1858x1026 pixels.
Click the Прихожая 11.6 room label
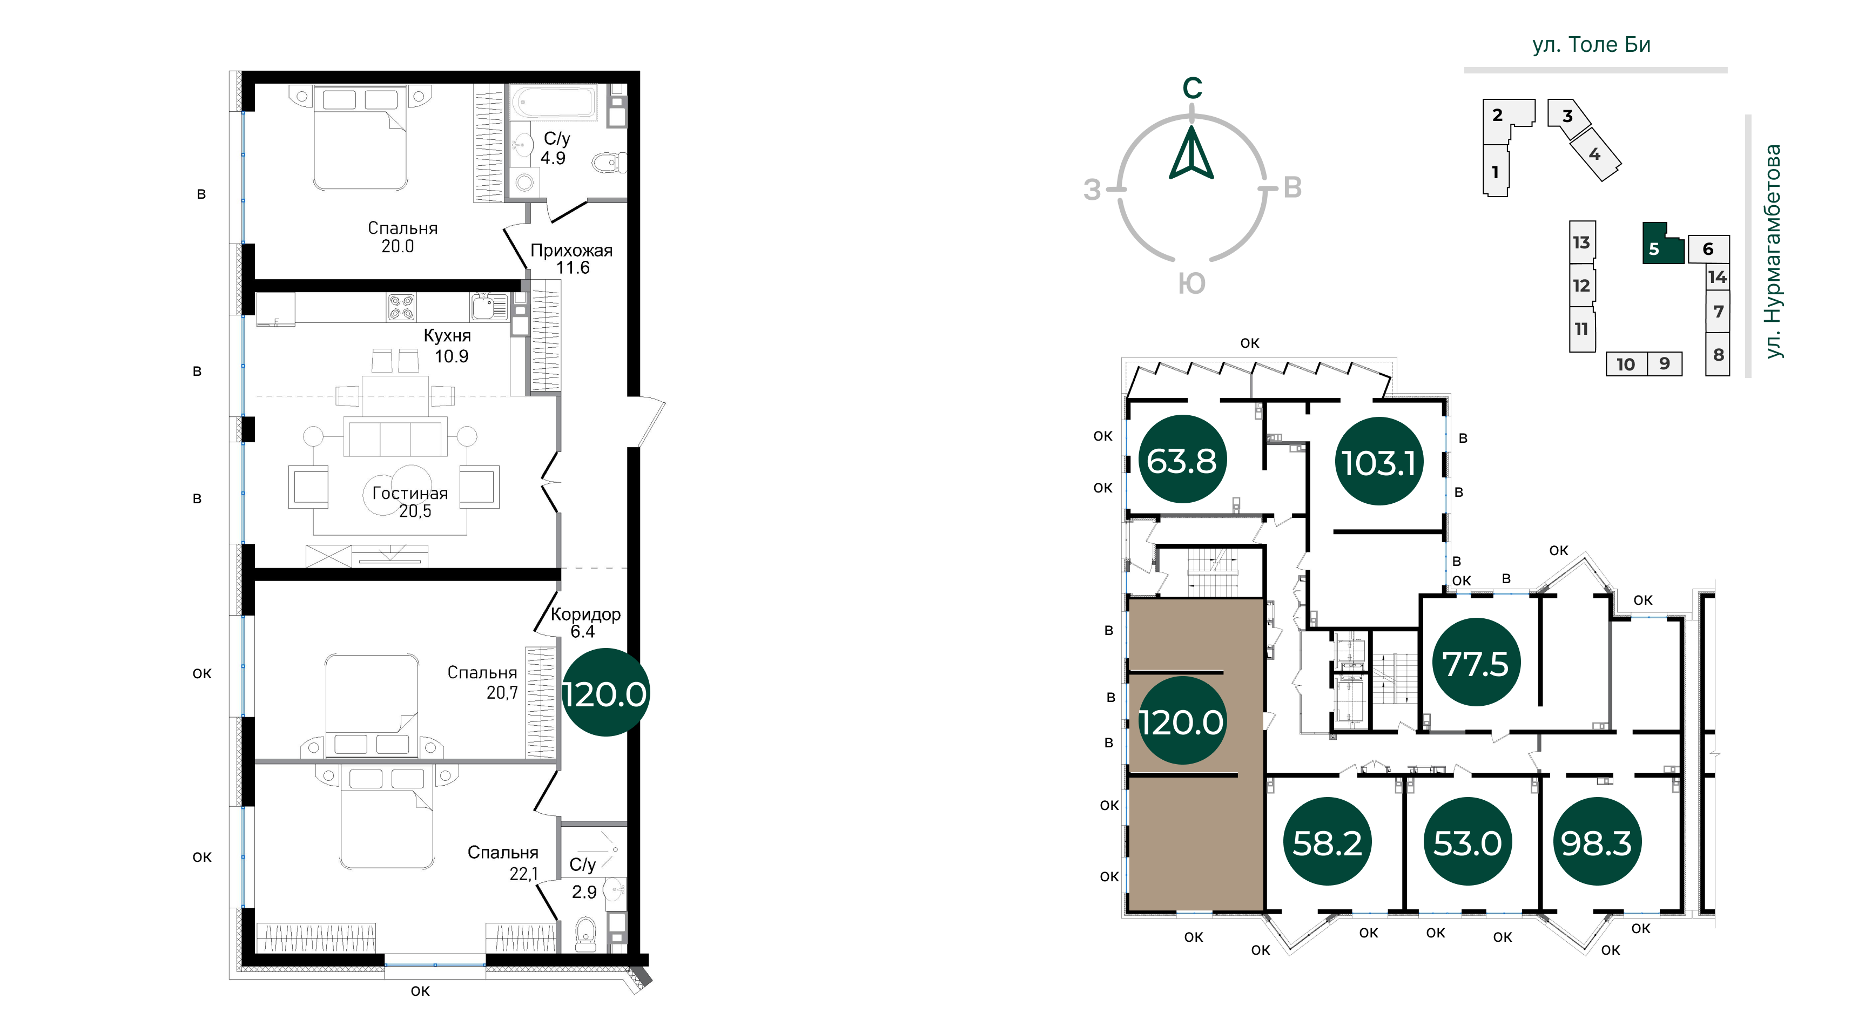pyautogui.click(x=571, y=259)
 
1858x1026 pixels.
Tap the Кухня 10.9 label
pyautogui.click(x=449, y=346)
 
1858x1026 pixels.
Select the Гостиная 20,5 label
pyautogui.click(x=410, y=502)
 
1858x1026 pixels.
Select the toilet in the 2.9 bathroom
pyautogui.click(x=585, y=934)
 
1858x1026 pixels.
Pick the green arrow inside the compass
pyautogui.click(x=1191, y=153)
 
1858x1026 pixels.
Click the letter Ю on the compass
pyautogui.click(x=1191, y=283)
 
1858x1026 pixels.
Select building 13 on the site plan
pyautogui.click(x=1582, y=242)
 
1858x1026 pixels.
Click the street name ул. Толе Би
pyautogui.click(x=1591, y=45)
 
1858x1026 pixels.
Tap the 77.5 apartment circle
pyautogui.click(x=1476, y=663)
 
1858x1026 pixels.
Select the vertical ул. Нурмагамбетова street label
pyautogui.click(x=1772, y=252)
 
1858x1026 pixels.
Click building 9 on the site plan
pyautogui.click(x=1665, y=363)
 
